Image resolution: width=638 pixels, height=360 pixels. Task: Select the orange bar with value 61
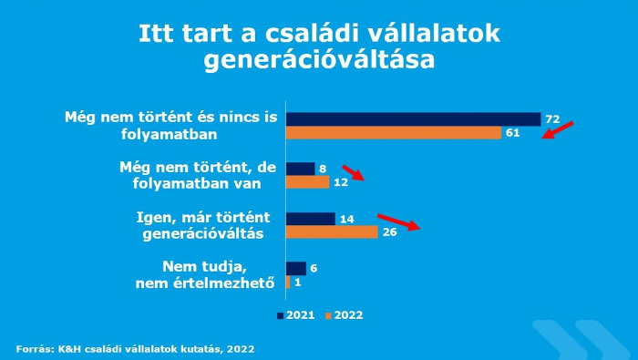tap(394, 133)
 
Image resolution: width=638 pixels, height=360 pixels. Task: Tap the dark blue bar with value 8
tap(300, 169)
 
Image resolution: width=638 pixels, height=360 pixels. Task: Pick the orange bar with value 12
tap(307, 182)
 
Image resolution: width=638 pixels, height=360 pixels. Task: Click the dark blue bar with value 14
tap(310, 219)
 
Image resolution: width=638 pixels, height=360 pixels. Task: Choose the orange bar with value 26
tap(331, 232)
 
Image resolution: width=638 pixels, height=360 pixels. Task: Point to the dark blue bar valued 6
tap(295, 268)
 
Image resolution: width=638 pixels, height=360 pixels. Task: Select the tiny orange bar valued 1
tap(288, 282)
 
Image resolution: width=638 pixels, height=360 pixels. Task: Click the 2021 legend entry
tap(295, 315)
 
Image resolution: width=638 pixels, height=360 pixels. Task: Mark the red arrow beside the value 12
tap(353, 173)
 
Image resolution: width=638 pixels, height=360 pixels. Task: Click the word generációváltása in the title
tap(318, 62)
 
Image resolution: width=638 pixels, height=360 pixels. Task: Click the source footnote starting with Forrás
tap(135, 348)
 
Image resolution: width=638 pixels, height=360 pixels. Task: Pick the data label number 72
tap(551, 119)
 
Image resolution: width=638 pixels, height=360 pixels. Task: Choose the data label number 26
tap(388, 232)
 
